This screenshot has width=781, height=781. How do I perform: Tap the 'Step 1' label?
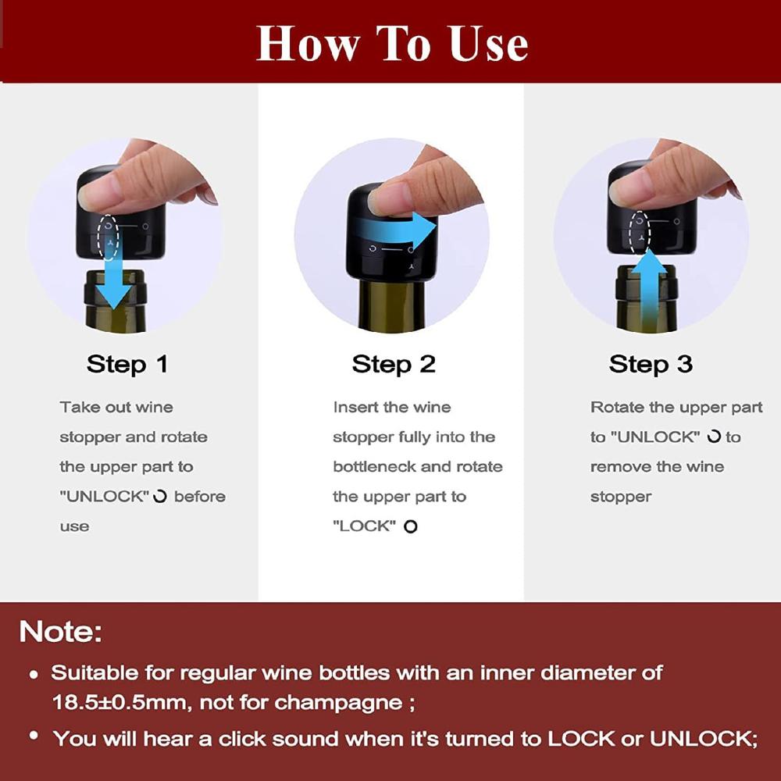(x=127, y=364)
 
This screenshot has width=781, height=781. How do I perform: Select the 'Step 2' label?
(x=393, y=364)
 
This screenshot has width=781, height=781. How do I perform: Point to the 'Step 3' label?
(x=651, y=364)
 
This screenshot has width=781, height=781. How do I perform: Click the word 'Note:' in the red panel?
(x=61, y=631)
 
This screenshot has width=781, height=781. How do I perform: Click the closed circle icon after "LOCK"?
(x=411, y=527)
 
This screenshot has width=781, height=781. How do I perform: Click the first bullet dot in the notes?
(x=33, y=673)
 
